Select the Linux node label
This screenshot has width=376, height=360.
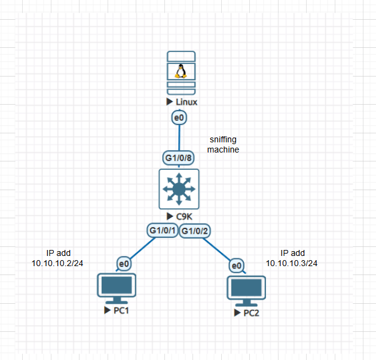click(186, 102)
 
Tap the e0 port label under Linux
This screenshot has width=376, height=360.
click(178, 117)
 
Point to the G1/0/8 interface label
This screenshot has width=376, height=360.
click(178, 158)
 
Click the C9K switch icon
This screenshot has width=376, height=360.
click(179, 188)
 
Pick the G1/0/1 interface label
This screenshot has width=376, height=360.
click(162, 230)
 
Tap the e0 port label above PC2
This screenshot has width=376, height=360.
click(237, 265)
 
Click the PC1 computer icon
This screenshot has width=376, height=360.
click(116, 289)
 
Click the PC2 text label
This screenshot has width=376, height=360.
click(250, 314)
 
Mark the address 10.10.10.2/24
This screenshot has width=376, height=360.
click(57, 263)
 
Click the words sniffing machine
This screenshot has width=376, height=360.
click(223, 144)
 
